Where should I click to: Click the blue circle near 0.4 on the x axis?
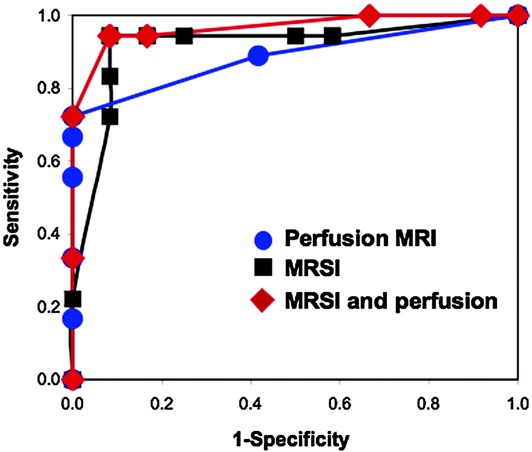pos(258,55)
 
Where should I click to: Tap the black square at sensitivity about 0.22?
pos(73,299)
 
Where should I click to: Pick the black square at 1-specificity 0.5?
pos(296,36)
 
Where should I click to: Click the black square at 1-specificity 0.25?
pos(184,36)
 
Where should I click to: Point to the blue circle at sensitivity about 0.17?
pos(73,319)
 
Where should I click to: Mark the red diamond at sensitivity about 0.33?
pos(73,258)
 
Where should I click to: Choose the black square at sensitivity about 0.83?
pos(110,76)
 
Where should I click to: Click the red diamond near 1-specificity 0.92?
pos(481,16)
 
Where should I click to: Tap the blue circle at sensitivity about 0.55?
pos(73,177)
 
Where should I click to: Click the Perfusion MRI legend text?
pos(360,238)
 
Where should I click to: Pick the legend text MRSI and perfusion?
pos(391,301)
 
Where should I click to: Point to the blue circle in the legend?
pos(263,240)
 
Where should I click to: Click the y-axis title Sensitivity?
pos(12,197)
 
